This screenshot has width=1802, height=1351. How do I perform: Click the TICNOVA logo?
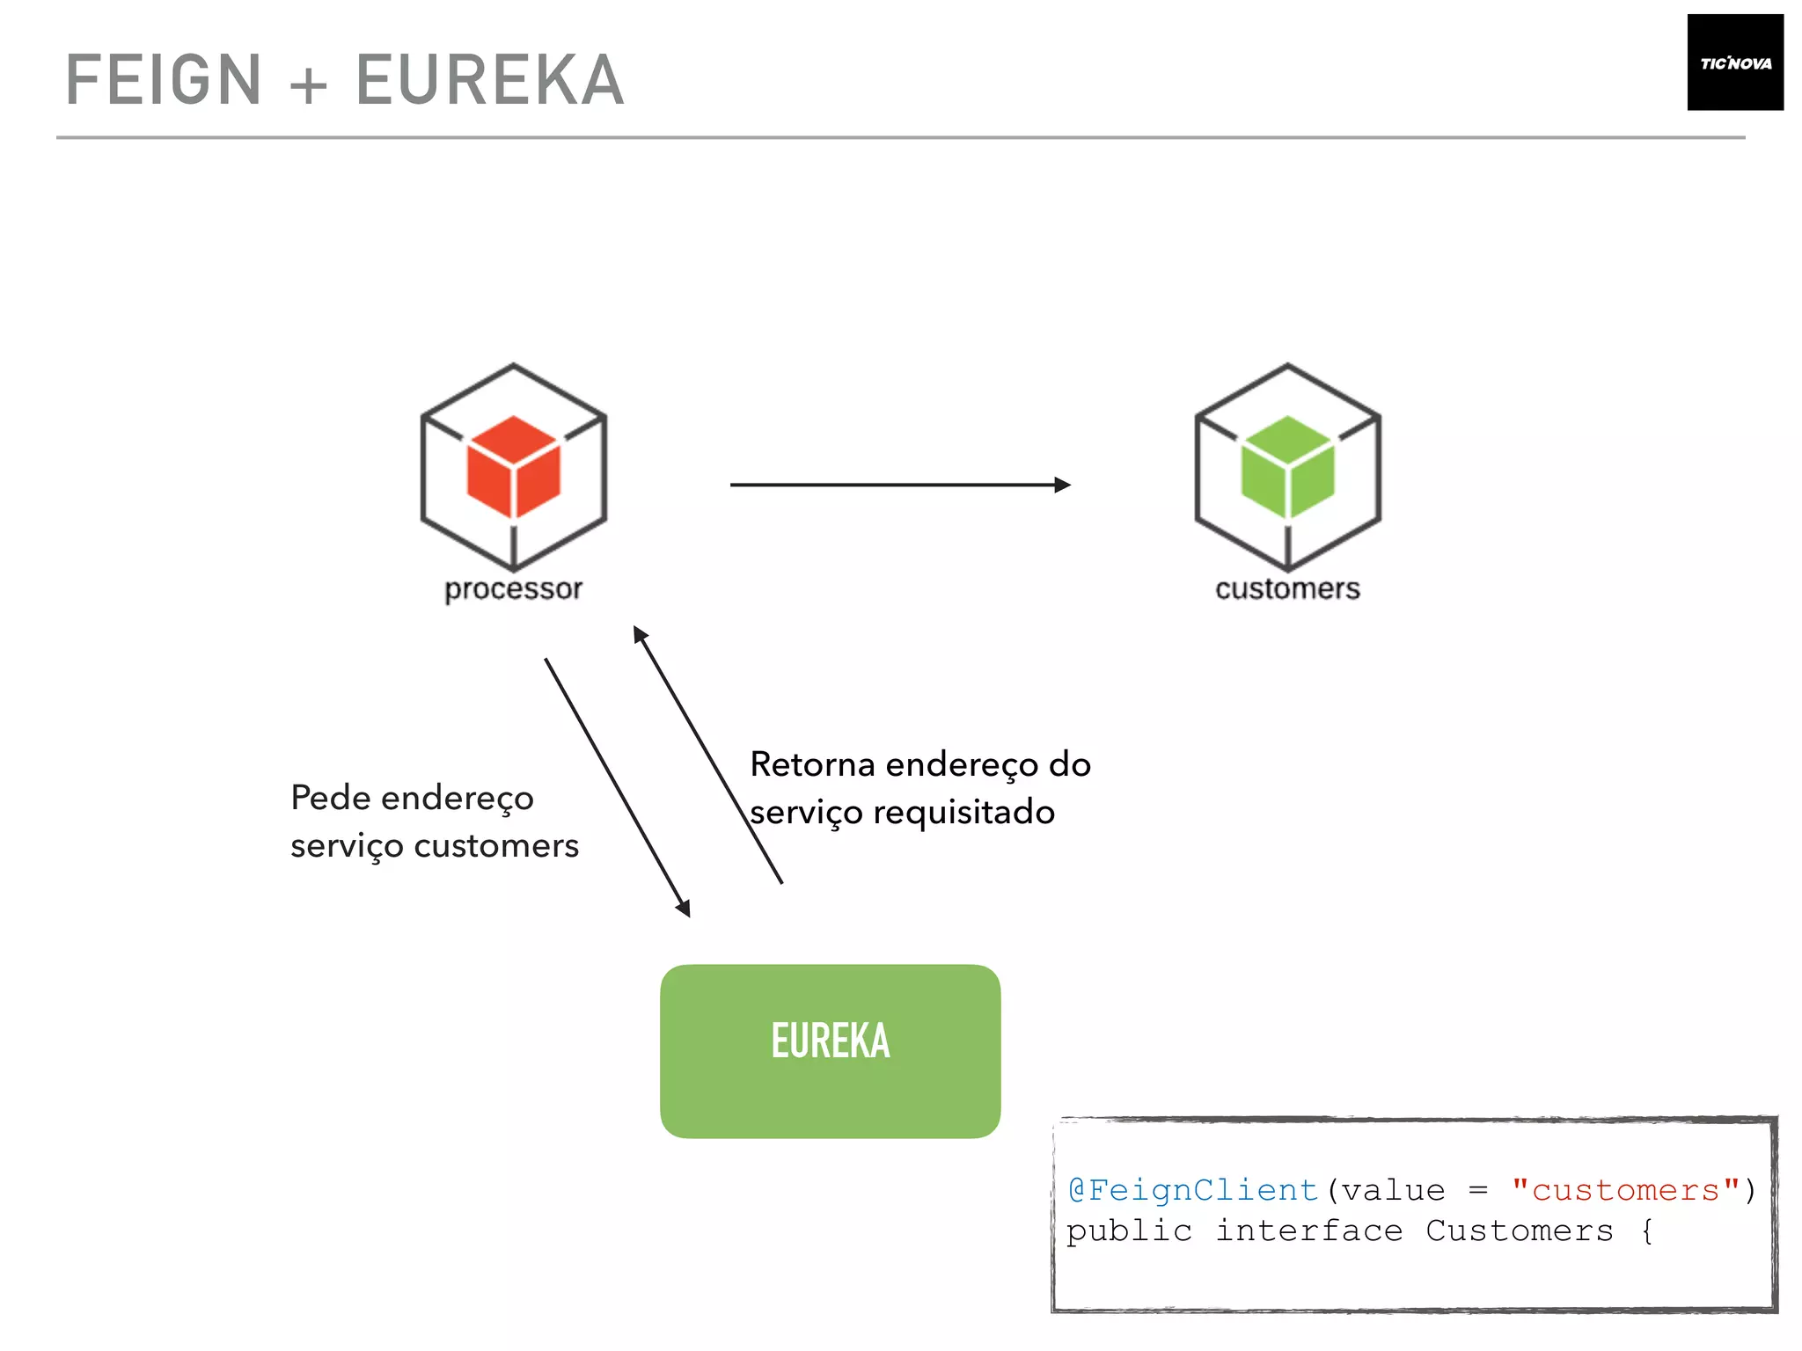point(1734,62)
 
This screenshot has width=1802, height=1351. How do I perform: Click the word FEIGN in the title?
point(165,80)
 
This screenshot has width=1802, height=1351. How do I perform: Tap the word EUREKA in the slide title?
point(489,80)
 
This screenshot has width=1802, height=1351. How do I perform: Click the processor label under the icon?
point(513,588)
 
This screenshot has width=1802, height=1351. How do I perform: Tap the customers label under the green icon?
point(1287,588)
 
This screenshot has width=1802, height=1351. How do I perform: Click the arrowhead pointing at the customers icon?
point(1062,485)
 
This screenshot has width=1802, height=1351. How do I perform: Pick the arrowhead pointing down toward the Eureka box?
point(683,908)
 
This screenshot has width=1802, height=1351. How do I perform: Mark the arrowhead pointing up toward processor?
point(640,634)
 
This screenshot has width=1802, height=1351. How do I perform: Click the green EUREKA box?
point(830,1050)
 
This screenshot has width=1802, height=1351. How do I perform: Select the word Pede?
point(331,798)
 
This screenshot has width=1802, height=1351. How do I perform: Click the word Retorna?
point(812,764)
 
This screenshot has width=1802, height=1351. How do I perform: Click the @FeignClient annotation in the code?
point(1192,1190)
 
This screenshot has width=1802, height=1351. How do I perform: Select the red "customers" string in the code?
point(1626,1190)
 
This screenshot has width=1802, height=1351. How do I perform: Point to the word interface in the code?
point(1308,1231)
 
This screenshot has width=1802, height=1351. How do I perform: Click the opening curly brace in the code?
point(1647,1231)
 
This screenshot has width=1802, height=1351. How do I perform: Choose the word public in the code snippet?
point(1129,1231)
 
